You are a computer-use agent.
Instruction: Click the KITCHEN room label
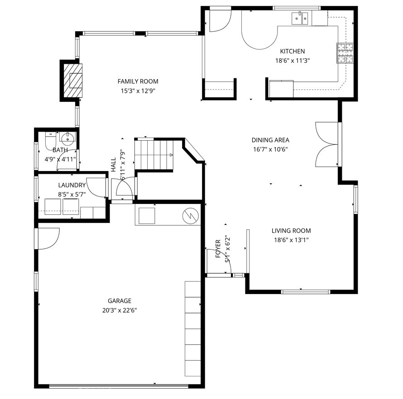[292, 52]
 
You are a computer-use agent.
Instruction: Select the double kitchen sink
[300, 18]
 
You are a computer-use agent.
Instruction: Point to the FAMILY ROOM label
[138, 81]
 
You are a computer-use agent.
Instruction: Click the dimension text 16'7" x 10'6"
[270, 149]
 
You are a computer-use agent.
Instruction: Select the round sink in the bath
[67, 137]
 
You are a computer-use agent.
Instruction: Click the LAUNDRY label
[72, 185]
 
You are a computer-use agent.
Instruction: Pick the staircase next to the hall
[154, 154]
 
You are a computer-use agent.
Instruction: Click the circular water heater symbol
[191, 215]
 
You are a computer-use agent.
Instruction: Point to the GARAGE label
[120, 301]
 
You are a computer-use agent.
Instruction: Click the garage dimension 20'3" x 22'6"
[120, 310]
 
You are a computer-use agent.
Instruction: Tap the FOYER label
[218, 248]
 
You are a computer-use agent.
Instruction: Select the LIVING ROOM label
[291, 231]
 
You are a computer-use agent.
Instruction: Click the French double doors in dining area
[327, 145]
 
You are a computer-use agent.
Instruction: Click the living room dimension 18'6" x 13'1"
[291, 240]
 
